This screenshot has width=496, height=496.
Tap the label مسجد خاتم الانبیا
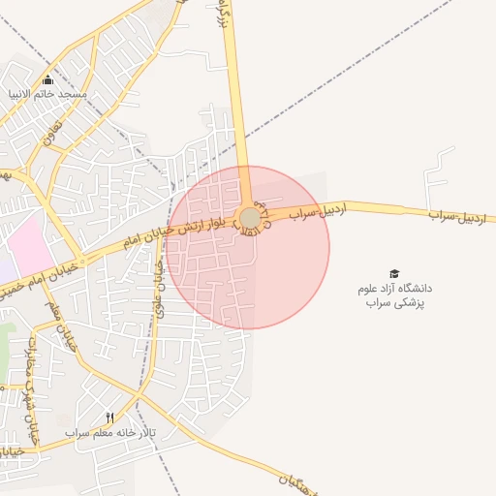(48, 95)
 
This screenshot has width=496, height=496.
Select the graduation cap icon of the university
(394, 274)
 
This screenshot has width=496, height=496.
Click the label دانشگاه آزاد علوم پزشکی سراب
(394, 295)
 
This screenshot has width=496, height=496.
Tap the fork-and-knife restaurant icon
(110, 418)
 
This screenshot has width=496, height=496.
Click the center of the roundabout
(250, 218)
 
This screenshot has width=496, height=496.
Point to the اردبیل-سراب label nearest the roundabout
(319, 210)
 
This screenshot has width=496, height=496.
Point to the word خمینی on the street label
(12, 289)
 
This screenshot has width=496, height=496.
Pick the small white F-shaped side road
(438, 174)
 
